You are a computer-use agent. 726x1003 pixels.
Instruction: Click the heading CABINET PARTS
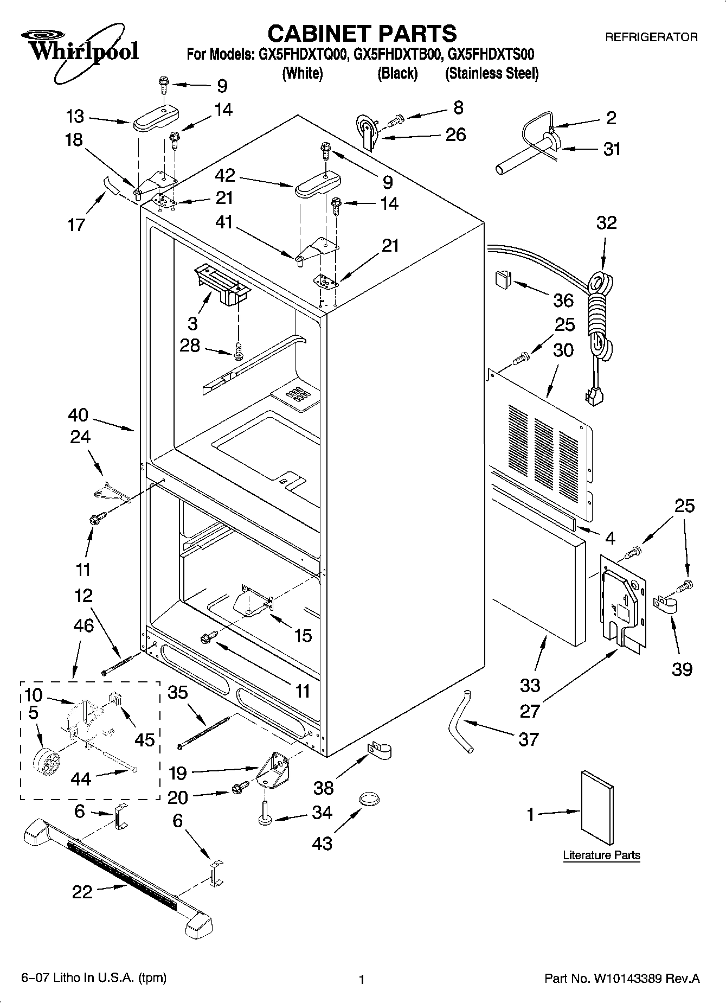pos(362,34)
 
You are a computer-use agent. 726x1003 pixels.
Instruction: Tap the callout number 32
pos(606,222)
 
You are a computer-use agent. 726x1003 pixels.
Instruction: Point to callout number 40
pos(78,415)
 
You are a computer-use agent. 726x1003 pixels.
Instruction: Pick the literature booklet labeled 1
pos(597,800)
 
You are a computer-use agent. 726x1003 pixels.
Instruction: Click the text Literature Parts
pos(601,855)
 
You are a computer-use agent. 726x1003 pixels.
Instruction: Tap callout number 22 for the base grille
pos(82,892)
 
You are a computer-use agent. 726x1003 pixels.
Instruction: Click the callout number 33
pos(530,685)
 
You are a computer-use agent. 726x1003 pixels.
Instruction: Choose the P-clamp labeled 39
pos(664,604)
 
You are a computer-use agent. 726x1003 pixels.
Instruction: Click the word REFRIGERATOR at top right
pos(651,37)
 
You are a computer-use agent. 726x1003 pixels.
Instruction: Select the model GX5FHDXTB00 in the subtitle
pos(397,55)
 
